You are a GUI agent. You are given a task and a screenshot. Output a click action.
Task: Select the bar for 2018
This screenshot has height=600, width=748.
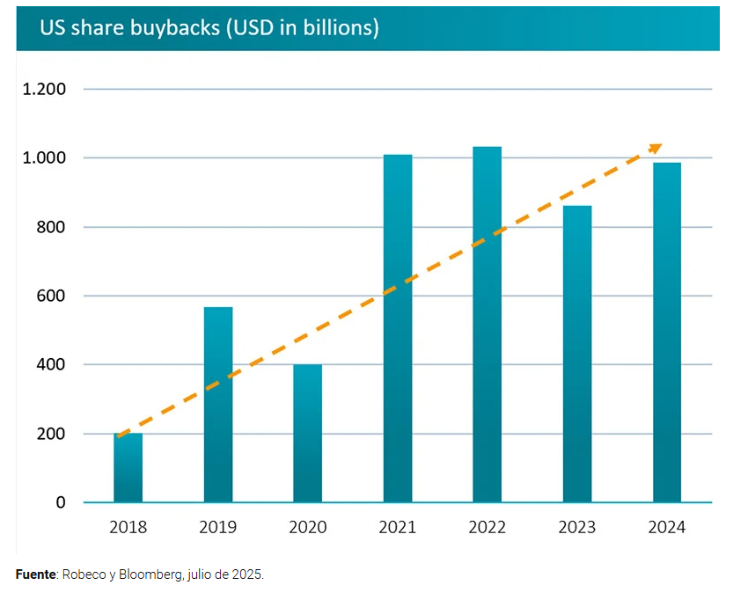coord(128,468)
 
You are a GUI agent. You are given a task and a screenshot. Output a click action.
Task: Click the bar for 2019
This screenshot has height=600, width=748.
coord(218,405)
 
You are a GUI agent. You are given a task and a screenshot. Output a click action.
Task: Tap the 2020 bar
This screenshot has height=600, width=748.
coord(308,434)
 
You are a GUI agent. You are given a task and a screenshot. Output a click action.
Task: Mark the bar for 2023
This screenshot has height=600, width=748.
coord(577,354)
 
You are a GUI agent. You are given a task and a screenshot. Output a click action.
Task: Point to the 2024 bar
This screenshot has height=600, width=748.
coord(667,333)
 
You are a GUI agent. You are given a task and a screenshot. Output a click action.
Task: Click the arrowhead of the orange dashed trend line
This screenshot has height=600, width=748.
coord(656,147)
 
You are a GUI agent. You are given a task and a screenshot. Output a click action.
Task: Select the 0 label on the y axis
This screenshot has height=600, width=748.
coord(61,503)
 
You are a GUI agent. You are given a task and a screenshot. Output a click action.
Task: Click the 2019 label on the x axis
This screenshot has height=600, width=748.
coord(218,528)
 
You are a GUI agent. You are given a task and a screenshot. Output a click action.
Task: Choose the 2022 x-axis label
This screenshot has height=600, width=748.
coord(488,528)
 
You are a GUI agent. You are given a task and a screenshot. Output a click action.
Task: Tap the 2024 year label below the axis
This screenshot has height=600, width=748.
coord(667,528)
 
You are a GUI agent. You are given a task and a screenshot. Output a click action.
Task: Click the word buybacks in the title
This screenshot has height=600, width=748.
coord(177,28)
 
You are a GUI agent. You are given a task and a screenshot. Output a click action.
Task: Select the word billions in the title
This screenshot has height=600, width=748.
coord(334,28)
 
